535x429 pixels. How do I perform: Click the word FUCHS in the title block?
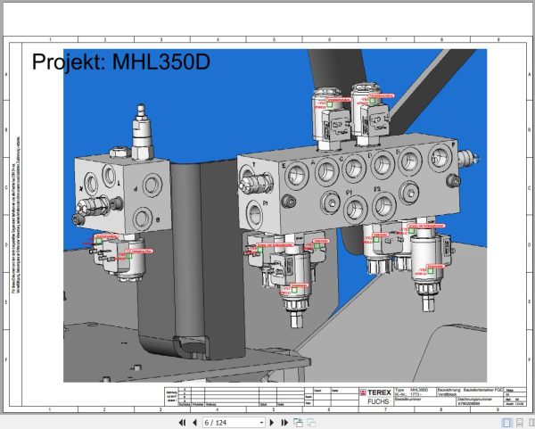(x=378, y=401)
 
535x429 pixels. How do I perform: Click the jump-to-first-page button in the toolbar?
(x=182, y=422)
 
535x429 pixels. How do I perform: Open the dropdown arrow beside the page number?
(x=261, y=422)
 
